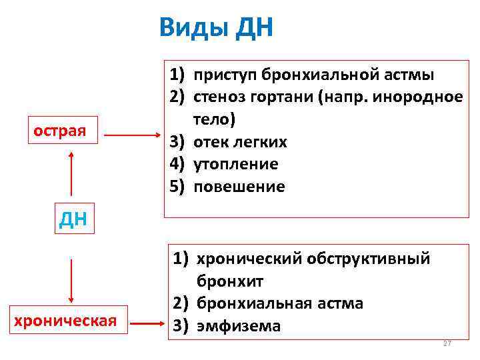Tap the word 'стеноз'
pyautogui.click(x=221, y=97)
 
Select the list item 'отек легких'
pyautogui.click(x=240, y=142)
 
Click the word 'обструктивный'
pyautogui.click(x=373, y=258)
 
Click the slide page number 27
pyautogui.click(x=447, y=343)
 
